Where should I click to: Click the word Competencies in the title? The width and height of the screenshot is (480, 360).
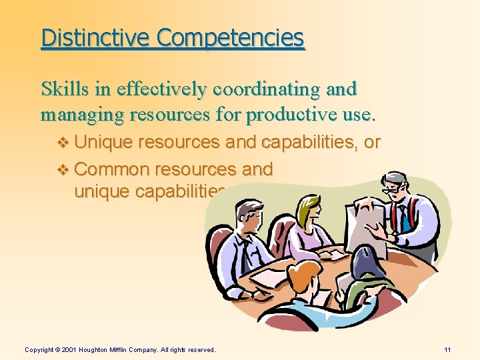pyautogui.click(x=231, y=38)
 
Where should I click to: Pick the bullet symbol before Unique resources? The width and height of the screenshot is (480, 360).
pyautogui.click(x=63, y=142)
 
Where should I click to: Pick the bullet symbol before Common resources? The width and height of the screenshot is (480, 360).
pyautogui.click(x=63, y=169)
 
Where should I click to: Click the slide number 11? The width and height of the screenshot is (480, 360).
pyautogui.click(x=447, y=349)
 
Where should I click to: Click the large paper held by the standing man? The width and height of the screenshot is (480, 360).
pyautogui.click(x=363, y=223)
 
